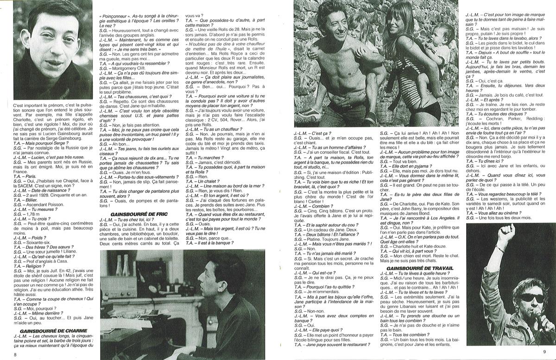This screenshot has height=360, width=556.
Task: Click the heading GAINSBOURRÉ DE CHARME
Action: (47, 332)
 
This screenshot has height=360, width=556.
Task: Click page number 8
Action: (15, 354)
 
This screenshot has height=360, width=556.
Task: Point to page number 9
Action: (544, 352)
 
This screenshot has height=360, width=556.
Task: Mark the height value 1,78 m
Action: (32, 215)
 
